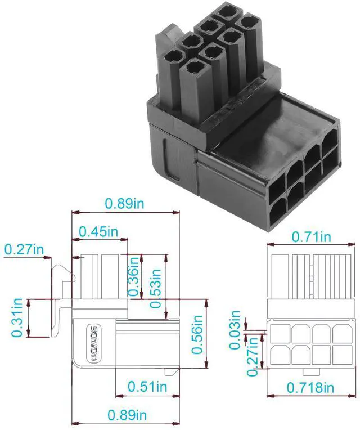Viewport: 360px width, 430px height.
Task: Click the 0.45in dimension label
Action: [98, 231]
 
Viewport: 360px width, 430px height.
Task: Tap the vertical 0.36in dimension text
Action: [134, 276]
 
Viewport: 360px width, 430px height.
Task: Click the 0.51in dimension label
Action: [147, 387]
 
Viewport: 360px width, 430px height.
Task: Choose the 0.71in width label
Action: [311, 236]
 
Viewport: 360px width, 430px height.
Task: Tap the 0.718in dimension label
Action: [310, 387]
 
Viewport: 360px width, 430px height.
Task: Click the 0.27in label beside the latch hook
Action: [24, 248]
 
